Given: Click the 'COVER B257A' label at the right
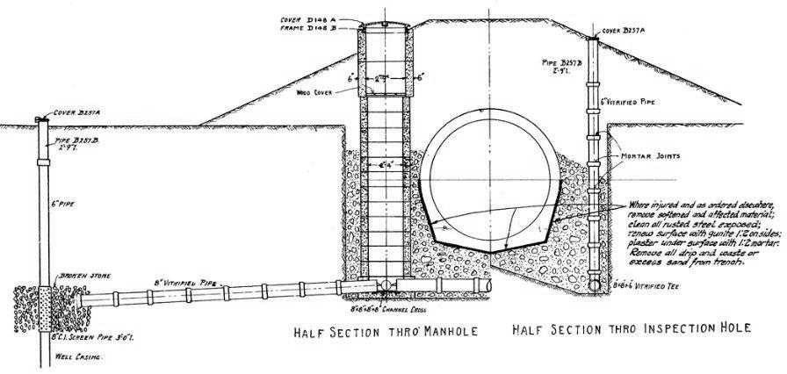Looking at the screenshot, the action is pyautogui.click(x=621, y=32).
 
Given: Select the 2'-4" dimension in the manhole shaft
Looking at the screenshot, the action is pyautogui.click(x=387, y=165).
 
